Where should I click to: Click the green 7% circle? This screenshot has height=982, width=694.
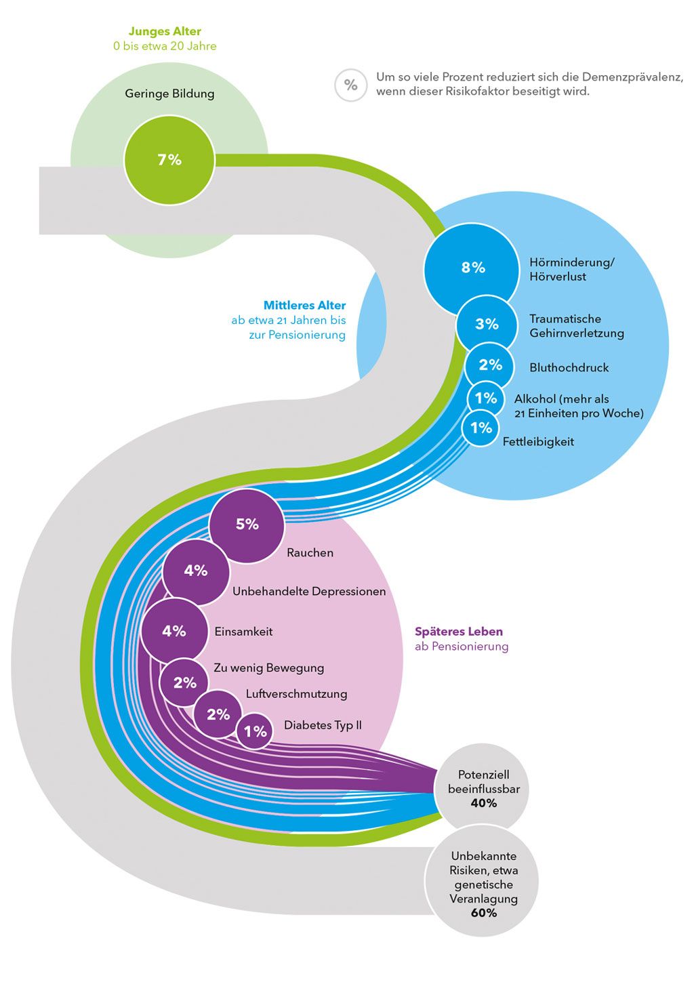[169, 160]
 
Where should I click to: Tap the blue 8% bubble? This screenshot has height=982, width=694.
[472, 268]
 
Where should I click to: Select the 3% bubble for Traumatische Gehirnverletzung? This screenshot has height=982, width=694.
[487, 325]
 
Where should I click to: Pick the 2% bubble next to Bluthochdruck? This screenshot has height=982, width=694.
[490, 365]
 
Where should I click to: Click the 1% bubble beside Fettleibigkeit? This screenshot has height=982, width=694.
[481, 428]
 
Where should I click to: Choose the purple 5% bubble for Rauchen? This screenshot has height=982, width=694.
[247, 525]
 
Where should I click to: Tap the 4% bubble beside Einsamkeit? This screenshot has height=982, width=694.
[174, 631]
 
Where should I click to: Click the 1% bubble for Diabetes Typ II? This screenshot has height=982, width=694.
[255, 731]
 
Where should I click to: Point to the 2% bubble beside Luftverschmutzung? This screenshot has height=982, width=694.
[218, 714]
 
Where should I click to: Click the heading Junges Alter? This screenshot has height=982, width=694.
[165, 31]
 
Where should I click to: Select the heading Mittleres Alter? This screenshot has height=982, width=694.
[304, 306]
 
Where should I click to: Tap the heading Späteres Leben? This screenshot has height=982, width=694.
[459, 632]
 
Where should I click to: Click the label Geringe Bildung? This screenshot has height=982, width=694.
[169, 94]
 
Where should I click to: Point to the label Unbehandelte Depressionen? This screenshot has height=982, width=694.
[309, 592]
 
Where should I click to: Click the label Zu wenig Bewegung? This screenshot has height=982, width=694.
[269, 668]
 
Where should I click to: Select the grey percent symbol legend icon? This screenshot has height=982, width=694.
[350, 85]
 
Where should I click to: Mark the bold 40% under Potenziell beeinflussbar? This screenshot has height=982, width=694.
[484, 803]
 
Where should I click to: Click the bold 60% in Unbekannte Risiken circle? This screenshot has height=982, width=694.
[484, 913]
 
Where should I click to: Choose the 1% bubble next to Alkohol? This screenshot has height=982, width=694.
[486, 398]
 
